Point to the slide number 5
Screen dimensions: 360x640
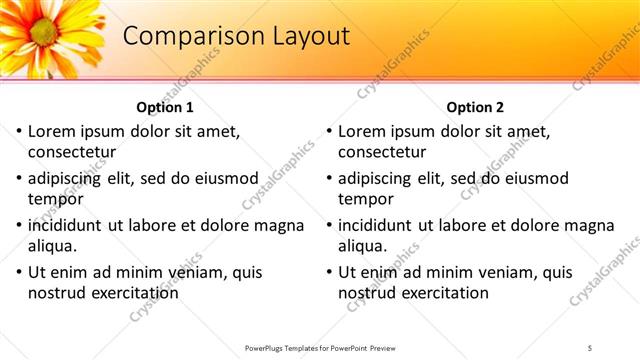pyautogui.click(x=590, y=347)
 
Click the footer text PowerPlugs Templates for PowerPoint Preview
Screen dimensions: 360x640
pyautogui.click(x=320, y=347)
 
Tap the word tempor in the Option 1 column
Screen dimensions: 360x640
pyautogui.click(x=55, y=199)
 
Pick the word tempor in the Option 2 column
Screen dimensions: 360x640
pyautogui.click(x=366, y=199)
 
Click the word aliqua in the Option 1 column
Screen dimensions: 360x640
pyautogui.click(x=52, y=246)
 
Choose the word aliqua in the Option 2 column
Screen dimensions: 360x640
pyautogui.click(x=363, y=246)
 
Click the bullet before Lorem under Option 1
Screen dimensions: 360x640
pyautogui.click(x=18, y=132)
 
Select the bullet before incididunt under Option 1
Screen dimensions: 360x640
pyautogui.click(x=18, y=226)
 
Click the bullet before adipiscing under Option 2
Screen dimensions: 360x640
pyautogui.click(x=329, y=179)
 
